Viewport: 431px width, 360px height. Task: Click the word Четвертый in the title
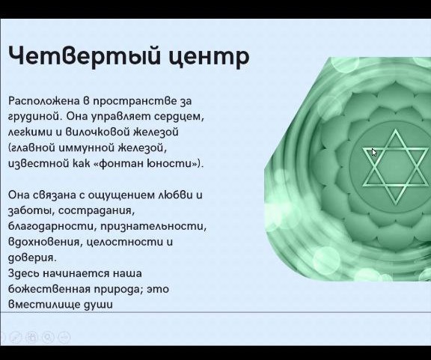[x=84, y=55]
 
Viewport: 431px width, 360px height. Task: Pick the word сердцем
[x=179, y=118]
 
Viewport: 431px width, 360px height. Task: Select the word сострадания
[x=97, y=211]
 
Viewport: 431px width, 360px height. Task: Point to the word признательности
[x=153, y=227]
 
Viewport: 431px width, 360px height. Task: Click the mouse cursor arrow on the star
[x=374, y=153]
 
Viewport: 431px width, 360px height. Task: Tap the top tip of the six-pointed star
[x=396, y=129]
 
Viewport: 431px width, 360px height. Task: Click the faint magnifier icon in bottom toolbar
[x=48, y=338]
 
